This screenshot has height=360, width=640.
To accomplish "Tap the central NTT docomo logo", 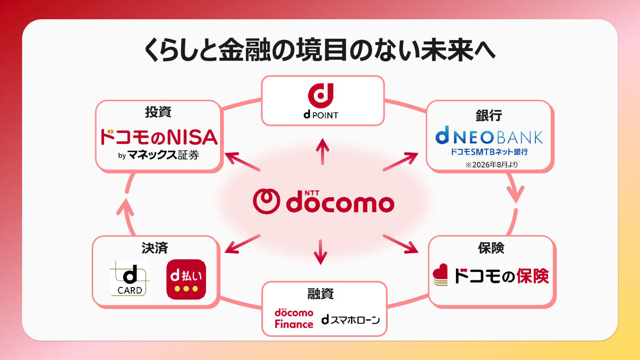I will click(323, 202).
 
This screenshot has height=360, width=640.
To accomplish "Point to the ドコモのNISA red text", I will click(159, 137).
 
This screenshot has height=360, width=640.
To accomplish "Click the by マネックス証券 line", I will click(159, 156).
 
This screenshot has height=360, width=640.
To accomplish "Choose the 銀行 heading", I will click(489, 115).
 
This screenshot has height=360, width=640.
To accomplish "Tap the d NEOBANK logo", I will click(489, 137).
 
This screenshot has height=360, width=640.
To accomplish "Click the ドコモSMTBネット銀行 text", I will click(489, 153).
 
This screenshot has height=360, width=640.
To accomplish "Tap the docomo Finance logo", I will click(294, 318).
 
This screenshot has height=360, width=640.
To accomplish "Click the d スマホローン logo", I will click(350, 319).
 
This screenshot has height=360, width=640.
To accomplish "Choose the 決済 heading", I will click(155, 248).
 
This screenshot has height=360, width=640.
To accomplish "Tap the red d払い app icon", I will click(186, 279).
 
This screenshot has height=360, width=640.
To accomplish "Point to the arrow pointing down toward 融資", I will click(320, 252).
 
